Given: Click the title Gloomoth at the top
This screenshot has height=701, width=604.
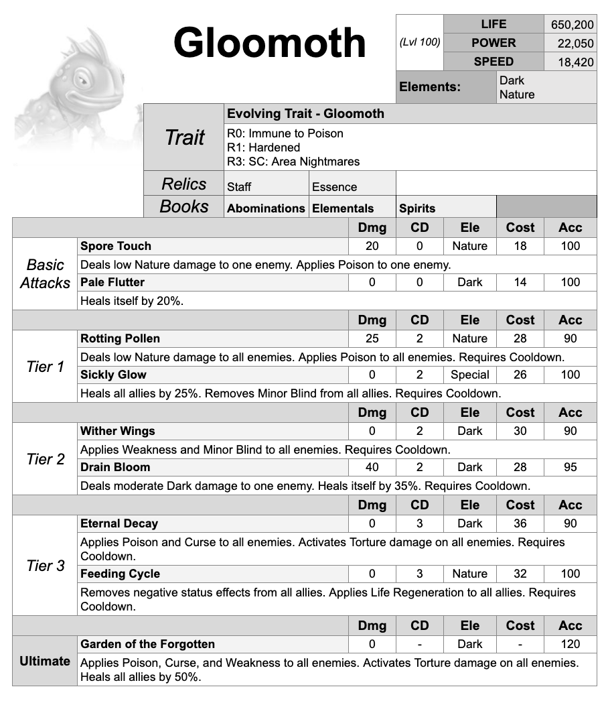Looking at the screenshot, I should (x=269, y=43).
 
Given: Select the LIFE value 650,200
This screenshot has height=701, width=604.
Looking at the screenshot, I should (x=572, y=25).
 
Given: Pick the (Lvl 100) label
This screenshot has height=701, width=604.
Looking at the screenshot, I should (x=420, y=42).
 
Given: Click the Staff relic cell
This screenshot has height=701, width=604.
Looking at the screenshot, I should (x=240, y=187).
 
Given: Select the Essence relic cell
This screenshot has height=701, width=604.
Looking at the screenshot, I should (x=335, y=187).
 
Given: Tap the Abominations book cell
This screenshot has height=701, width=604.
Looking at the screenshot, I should (x=266, y=208).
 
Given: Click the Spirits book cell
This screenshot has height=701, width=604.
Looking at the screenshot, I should (x=417, y=208).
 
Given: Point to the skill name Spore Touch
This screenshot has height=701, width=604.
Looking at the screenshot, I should (x=116, y=246).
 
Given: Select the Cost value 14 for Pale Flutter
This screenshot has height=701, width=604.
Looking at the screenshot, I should (x=520, y=282).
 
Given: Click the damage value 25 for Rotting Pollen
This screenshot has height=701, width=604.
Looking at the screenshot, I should (x=372, y=338).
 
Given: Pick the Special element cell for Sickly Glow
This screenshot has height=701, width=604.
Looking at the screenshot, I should (x=470, y=375).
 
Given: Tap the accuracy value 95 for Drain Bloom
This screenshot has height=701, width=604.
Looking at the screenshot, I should (x=571, y=467).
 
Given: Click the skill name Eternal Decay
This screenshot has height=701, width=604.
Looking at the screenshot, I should (x=119, y=523).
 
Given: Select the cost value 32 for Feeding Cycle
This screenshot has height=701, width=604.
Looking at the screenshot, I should (x=520, y=574).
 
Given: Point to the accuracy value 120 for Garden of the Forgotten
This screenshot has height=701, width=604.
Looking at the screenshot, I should (x=571, y=644).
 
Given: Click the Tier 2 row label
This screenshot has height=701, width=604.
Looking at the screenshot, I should (x=46, y=459).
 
